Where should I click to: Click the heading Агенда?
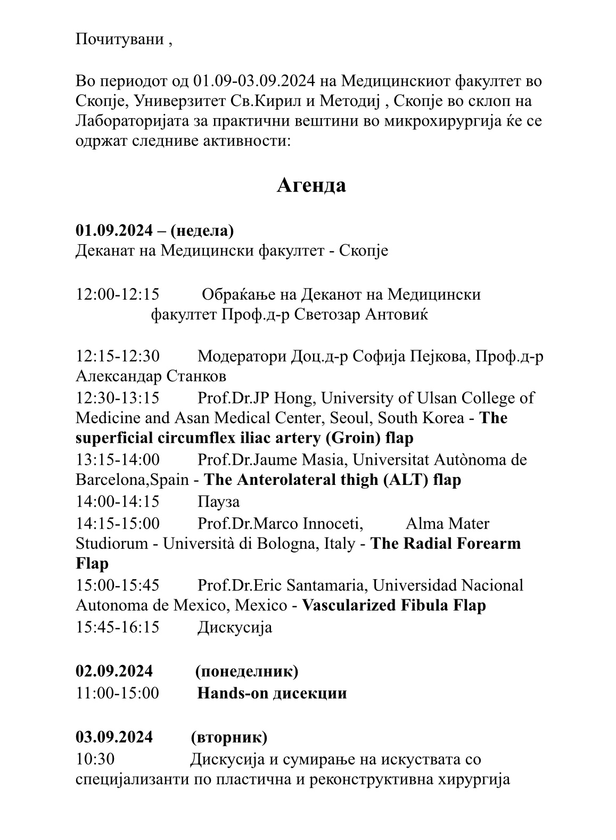tap(311, 185)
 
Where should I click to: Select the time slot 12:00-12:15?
tap(118, 294)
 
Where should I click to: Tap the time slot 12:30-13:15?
tap(118, 398)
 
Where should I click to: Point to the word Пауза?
tap(218, 501)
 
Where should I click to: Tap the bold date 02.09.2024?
tap(114, 671)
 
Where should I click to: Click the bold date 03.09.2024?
tap(114, 737)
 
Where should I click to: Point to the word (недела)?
tap(202, 230)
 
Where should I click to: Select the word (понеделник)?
tap(247, 671)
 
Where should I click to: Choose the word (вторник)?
tap(229, 737)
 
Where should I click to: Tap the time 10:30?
tap(95, 759)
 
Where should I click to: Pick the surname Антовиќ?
tap(397, 315)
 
